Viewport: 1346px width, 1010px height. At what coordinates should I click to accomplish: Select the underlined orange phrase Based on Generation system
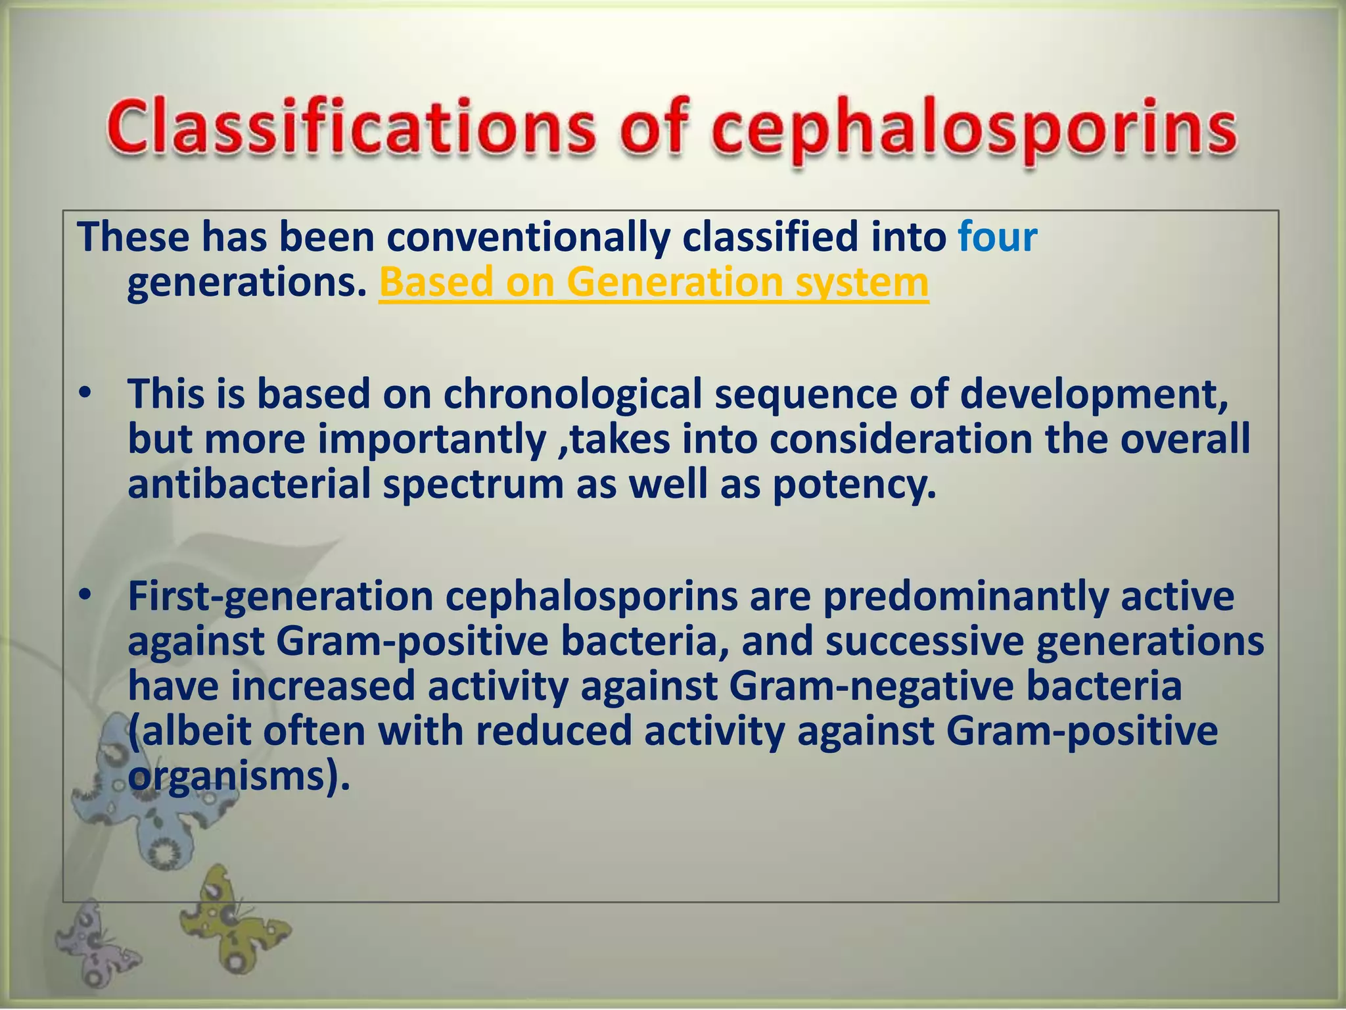pyautogui.click(x=653, y=283)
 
